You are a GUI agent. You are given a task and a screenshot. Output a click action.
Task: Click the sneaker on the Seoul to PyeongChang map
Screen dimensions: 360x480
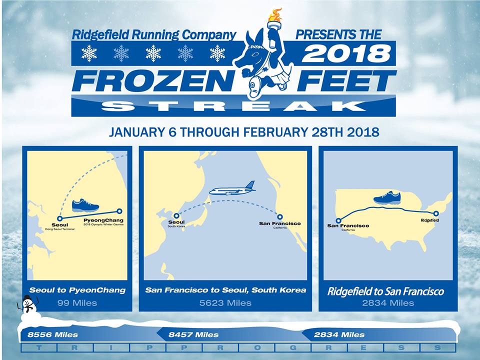tap(85, 205)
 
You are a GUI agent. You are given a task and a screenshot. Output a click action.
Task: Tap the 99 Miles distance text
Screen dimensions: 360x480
tap(77, 303)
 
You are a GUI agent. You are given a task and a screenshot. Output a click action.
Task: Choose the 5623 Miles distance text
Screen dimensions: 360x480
tap(225, 303)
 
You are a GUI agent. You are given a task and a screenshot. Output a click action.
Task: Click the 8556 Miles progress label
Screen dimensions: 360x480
tap(53, 334)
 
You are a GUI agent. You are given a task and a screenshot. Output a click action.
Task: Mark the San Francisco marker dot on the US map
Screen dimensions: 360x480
tap(338, 220)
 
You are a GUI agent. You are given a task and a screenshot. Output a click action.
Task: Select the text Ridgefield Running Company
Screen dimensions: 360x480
tap(154, 35)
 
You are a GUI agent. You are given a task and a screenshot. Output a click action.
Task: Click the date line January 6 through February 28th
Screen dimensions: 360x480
tap(243, 133)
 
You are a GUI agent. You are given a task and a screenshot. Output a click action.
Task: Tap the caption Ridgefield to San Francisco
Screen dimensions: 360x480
tap(385, 291)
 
